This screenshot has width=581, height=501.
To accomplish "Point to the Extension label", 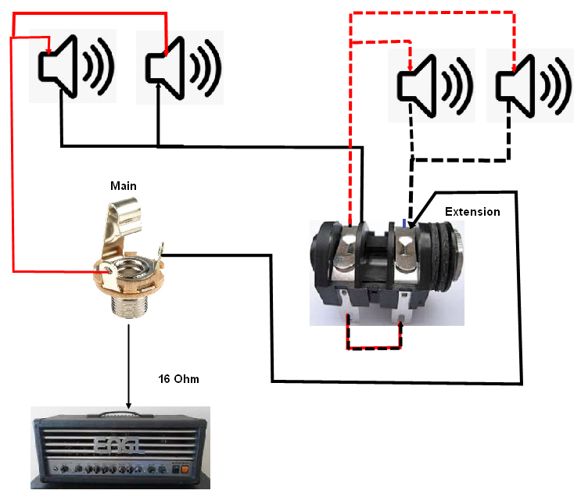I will point(472,212).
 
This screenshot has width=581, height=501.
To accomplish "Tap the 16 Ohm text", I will point(179,379).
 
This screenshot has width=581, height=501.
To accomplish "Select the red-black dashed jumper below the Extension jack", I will point(374,345).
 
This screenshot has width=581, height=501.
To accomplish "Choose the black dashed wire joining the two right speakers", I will point(459,159).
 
